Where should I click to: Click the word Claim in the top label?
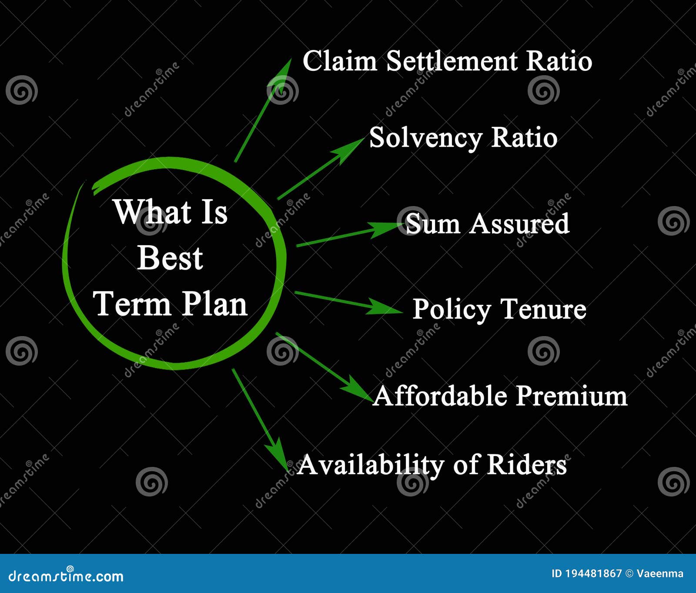(x=339, y=61)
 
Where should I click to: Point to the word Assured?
(x=519, y=224)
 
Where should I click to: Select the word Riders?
(x=526, y=465)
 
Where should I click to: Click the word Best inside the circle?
(x=170, y=258)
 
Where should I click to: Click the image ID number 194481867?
(x=593, y=573)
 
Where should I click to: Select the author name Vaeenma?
(x=660, y=573)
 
